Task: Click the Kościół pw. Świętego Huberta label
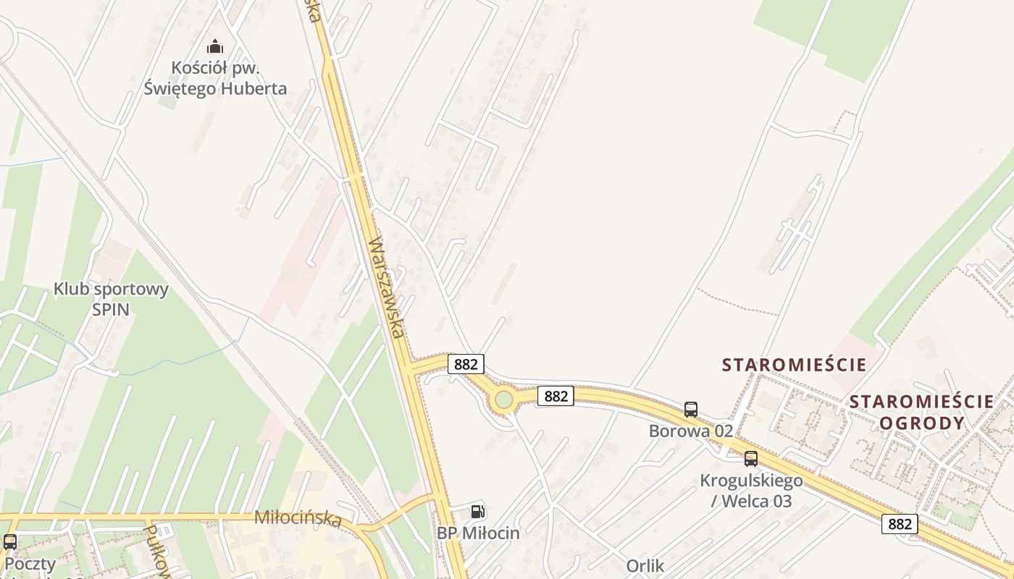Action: (215, 78)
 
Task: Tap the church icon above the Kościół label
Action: (215, 47)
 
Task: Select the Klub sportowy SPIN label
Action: (111, 299)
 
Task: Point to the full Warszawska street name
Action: (387, 287)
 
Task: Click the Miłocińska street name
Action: (298, 518)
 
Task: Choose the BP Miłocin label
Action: (478, 533)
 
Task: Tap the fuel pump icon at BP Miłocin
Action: (477, 512)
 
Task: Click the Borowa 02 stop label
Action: (691, 431)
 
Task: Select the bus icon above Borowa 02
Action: (691, 410)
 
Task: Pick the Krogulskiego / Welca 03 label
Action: (751, 490)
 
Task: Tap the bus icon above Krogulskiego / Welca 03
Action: (751, 458)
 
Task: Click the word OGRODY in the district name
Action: (922, 423)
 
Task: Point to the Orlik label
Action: (645, 566)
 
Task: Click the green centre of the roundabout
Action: (503, 400)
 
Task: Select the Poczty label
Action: (30, 563)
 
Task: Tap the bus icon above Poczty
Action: (10, 541)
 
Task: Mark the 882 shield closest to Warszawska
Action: (466, 363)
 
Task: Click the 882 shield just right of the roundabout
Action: (556, 396)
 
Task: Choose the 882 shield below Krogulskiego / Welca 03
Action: (900, 524)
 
